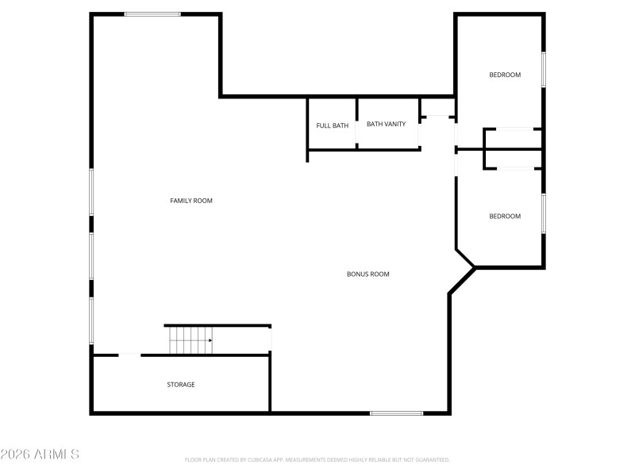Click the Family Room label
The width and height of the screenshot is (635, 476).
click(191, 201)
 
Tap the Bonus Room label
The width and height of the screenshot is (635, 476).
click(368, 274)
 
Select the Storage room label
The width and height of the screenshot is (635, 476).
click(181, 385)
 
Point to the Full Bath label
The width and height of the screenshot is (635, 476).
click(332, 125)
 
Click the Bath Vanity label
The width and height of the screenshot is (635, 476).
click(386, 124)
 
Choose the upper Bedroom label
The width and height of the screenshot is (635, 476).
click(505, 75)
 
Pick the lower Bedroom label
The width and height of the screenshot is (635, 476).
click(505, 217)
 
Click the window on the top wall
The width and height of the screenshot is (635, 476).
click(152, 13)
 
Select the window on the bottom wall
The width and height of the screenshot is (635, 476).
click(397, 413)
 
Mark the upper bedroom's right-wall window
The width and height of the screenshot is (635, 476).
click(544, 70)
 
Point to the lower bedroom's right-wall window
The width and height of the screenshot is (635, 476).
click(544, 213)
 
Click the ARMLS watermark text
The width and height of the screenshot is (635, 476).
click(40, 455)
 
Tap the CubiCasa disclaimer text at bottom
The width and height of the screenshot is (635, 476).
click(317, 459)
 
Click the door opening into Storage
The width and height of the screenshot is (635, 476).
click(129, 355)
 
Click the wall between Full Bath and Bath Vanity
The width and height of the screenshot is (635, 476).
click(356, 123)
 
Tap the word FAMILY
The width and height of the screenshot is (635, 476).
click(181, 201)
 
